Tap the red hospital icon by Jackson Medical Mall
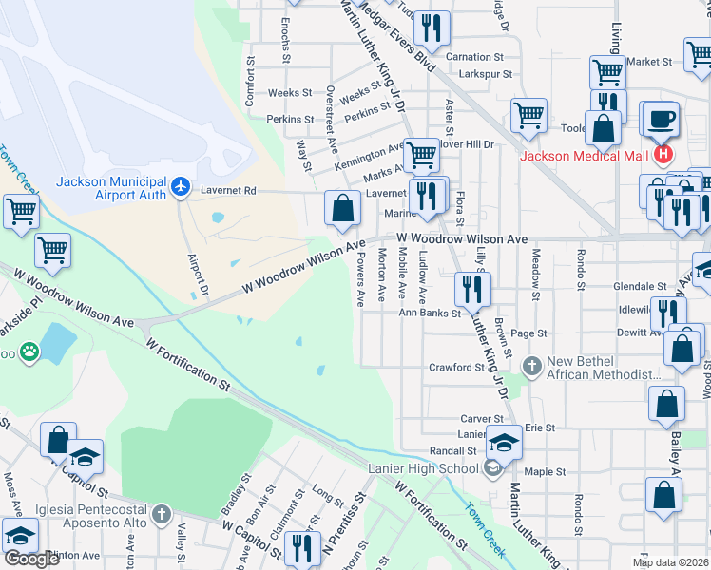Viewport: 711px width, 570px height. [x=663, y=155]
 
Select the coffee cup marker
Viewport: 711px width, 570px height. [x=661, y=119]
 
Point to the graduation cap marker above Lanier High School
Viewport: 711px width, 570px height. [x=504, y=444]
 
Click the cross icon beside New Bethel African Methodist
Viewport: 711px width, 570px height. [x=532, y=365]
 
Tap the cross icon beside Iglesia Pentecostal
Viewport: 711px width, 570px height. [x=162, y=515]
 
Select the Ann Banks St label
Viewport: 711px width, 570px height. [x=430, y=312]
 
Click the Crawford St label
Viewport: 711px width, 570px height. [x=456, y=367]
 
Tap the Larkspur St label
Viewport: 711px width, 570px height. [x=482, y=73]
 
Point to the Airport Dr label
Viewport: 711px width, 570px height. [x=199, y=274]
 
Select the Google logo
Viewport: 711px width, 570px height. [x=31, y=559]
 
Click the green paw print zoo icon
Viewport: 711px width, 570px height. [x=30, y=351]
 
